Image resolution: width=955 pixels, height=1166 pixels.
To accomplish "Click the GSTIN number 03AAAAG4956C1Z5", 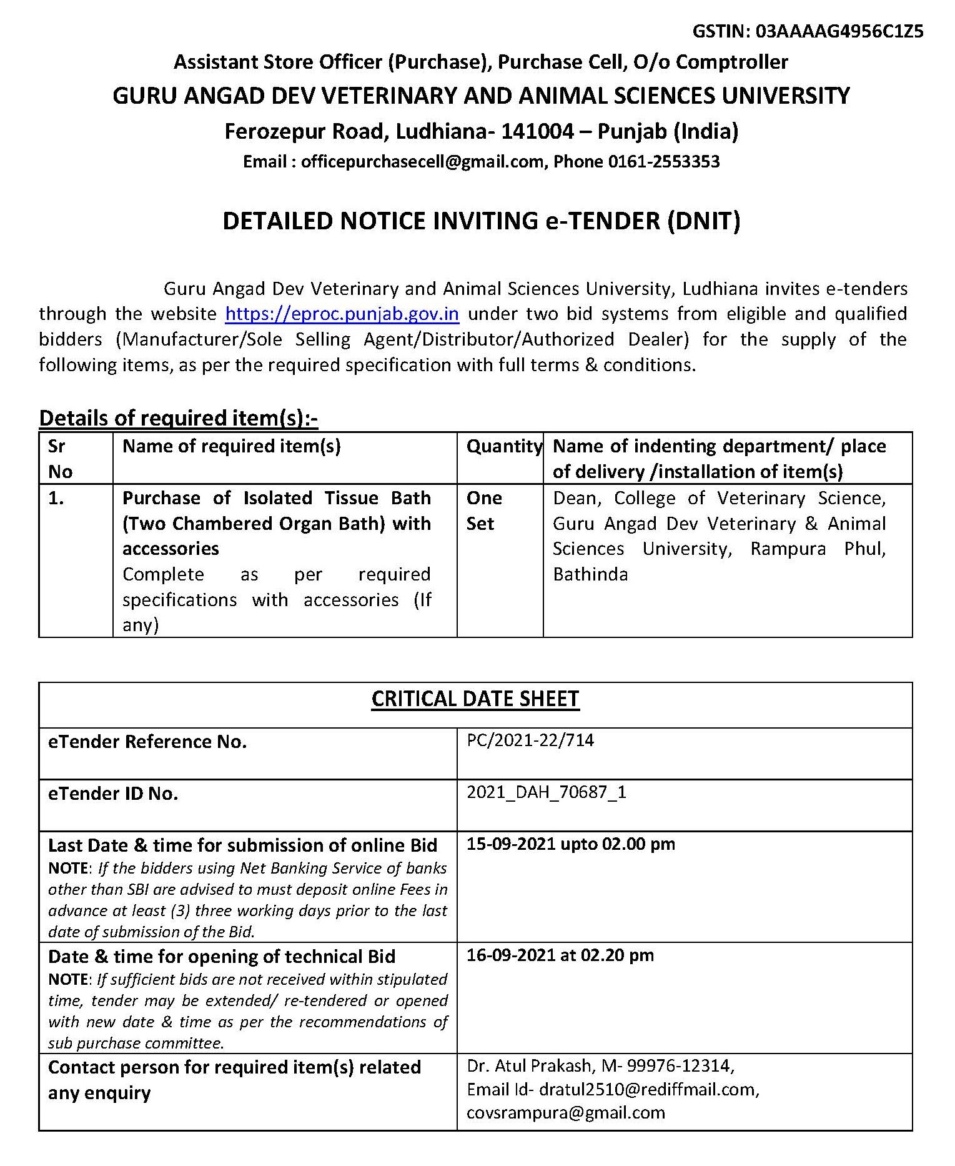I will pyautogui.click(x=839, y=32).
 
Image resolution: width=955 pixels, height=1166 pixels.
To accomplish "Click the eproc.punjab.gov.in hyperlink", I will pyautogui.click(x=342, y=314).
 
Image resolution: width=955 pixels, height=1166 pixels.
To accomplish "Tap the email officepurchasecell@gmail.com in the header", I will pyautogui.click(x=422, y=162).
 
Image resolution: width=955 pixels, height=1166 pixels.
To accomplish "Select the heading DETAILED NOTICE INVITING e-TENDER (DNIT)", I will pyautogui.click(x=481, y=221).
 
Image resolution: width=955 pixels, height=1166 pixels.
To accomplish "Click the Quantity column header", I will pyautogui.click(x=503, y=446).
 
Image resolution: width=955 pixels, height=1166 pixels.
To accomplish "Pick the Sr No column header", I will pyautogui.click(x=61, y=458).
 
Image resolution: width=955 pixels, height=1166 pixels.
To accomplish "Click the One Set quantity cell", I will pyautogui.click(x=484, y=511).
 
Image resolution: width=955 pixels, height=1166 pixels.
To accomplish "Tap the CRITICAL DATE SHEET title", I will pyautogui.click(x=475, y=699).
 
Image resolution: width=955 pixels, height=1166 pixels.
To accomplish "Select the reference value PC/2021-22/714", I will pyautogui.click(x=530, y=740).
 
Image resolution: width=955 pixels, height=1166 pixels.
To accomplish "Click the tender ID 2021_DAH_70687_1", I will pyautogui.click(x=546, y=792).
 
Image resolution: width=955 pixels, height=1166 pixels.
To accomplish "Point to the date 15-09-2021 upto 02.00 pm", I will pyautogui.click(x=570, y=844).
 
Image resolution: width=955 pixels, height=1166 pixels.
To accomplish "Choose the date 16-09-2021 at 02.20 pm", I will pyautogui.click(x=560, y=955).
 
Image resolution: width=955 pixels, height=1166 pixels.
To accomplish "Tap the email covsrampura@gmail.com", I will pyautogui.click(x=565, y=1113).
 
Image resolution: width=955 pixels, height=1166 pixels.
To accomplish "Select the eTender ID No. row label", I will pyautogui.click(x=113, y=794).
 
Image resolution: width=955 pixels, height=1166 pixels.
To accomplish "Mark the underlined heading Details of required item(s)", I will pyautogui.click(x=178, y=418).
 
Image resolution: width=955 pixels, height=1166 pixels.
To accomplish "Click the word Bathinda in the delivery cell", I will pyautogui.click(x=590, y=574).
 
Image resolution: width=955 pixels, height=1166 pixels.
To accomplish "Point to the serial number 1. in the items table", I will pyautogui.click(x=56, y=498).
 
